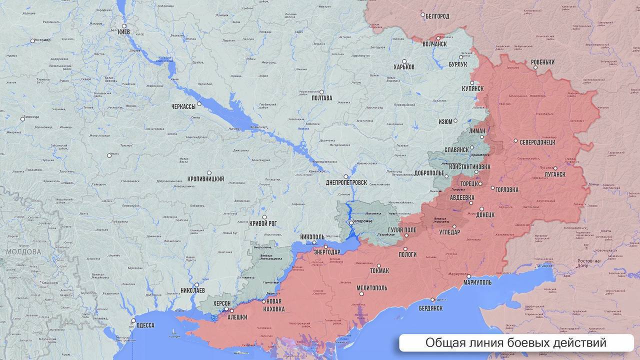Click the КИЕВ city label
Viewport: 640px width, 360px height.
[x=123, y=32]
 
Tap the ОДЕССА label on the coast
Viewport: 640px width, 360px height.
[x=145, y=325]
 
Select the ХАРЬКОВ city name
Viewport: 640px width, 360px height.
[x=404, y=67]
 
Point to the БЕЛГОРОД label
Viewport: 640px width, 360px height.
[x=437, y=16]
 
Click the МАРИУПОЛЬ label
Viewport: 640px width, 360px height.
[x=477, y=282]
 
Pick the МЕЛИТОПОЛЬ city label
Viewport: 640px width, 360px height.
[x=371, y=288]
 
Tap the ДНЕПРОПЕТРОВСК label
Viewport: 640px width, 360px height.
[x=346, y=182]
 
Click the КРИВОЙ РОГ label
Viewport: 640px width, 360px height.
[x=263, y=223]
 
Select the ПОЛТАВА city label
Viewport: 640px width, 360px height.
[x=321, y=98]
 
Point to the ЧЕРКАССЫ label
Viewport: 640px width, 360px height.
[x=183, y=106]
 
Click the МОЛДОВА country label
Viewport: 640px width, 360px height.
[x=23, y=251]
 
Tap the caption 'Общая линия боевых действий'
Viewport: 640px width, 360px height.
[x=515, y=343]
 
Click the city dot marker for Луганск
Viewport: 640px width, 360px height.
[x=555, y=168]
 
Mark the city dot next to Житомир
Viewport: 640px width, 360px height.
[x=32, y=40]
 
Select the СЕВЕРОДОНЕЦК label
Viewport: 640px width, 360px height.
[x=537, y=142]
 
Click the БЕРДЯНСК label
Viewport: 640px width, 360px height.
[x=430, y=308]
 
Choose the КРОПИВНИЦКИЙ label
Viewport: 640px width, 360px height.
[x=205, y=178]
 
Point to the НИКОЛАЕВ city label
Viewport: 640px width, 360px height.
[x=192, y=290]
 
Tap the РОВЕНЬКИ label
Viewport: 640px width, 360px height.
[x=542, y=62]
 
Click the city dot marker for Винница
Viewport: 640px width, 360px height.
[x=22, y=118]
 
